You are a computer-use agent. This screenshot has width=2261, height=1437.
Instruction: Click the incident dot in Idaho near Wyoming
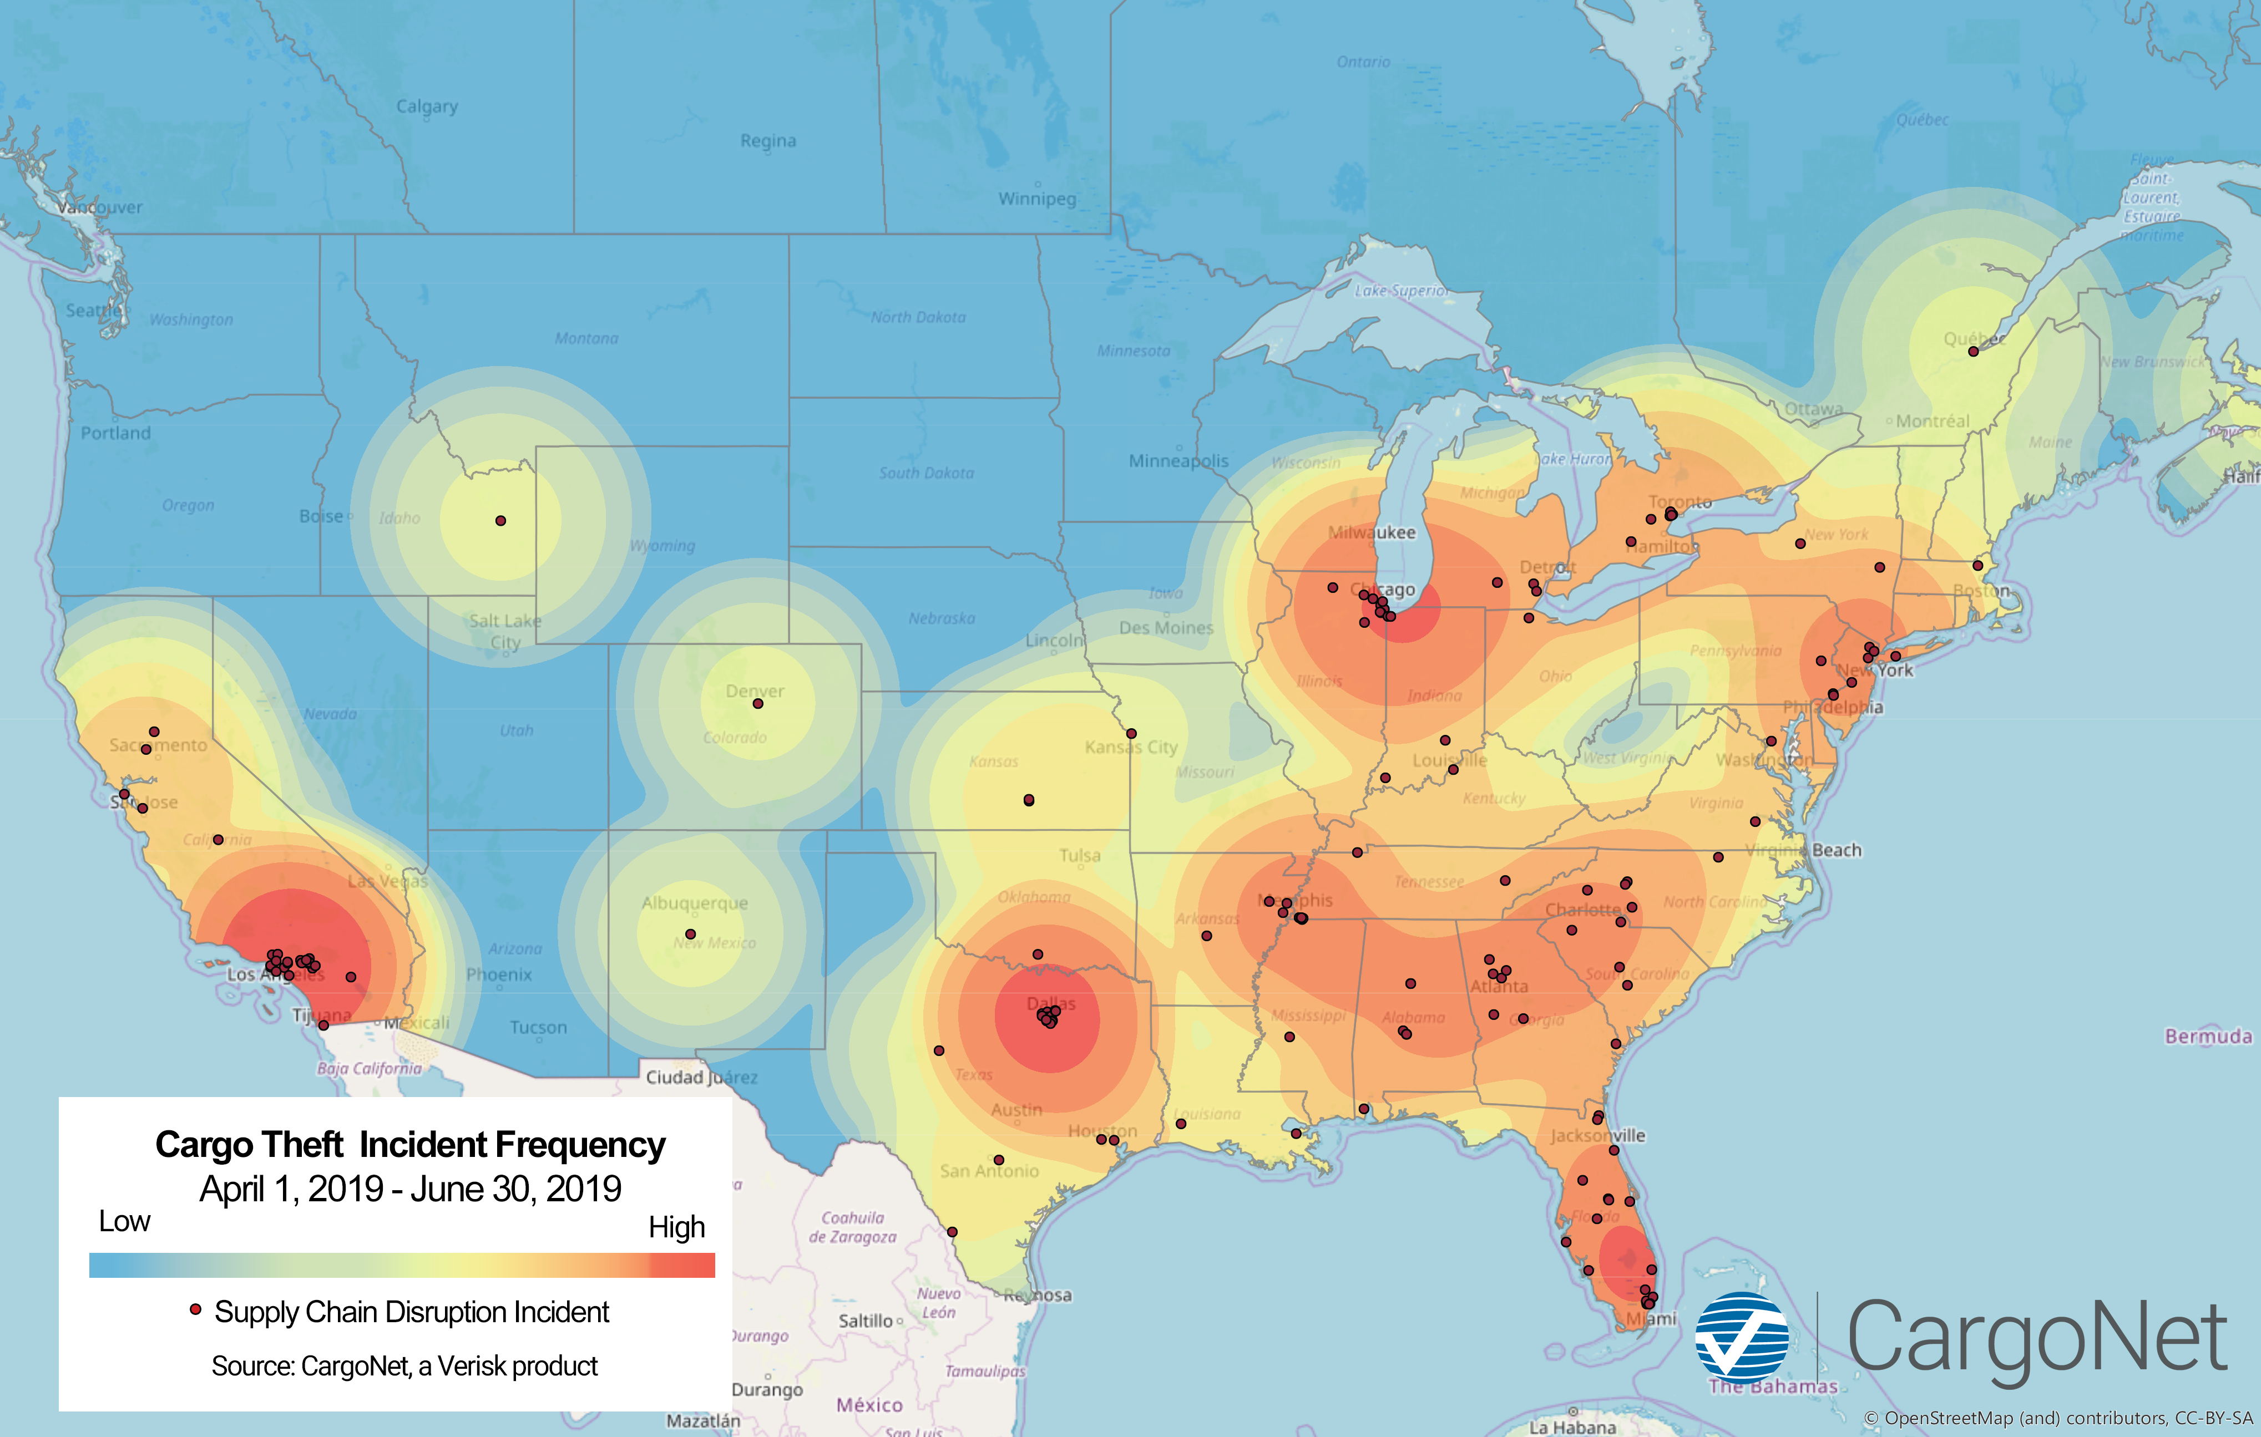[500, 521]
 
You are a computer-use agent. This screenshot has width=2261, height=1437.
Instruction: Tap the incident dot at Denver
[758, 704]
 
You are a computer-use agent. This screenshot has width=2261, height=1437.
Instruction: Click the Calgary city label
[427, 106]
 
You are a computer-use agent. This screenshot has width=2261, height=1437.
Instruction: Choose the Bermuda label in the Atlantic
[2208, 1036]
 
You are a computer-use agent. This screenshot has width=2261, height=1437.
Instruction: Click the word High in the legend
[676, 1227]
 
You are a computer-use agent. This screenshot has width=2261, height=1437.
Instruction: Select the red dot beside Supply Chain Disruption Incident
[195, 1309]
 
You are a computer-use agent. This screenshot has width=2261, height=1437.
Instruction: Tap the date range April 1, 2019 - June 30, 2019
[411, 1189]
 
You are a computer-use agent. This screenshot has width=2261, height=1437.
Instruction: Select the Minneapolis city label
[1178, 461]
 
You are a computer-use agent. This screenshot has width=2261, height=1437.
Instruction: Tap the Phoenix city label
[499, 975]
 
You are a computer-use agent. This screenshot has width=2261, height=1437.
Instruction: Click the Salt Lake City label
[505, 631]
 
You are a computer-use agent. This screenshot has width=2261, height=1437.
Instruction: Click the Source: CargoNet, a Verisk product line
[404, 1365]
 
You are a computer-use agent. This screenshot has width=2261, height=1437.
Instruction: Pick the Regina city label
[768, 141]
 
